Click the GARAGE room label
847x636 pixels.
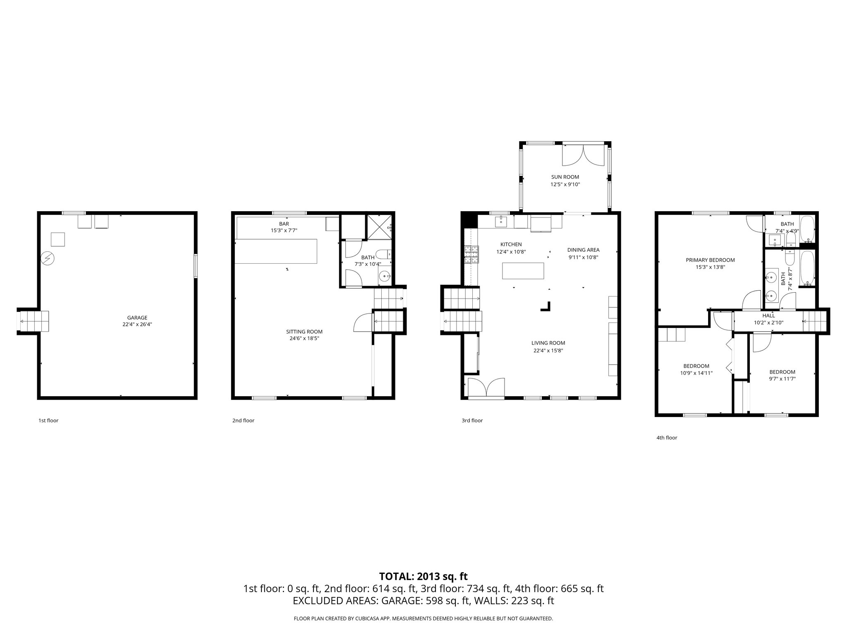[137, 318]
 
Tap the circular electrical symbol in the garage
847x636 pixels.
[48, 258]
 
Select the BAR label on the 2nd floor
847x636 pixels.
[284, 224]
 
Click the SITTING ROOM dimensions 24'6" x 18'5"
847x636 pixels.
[304, 338]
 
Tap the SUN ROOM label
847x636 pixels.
[565, 177]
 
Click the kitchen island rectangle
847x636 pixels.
[523, 271]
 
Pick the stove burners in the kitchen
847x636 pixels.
[471, 254]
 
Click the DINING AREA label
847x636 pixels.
[583, 250]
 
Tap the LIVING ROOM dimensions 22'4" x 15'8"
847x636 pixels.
[548, 350]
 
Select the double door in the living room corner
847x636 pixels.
[486, 388]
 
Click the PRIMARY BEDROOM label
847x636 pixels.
[710, 260]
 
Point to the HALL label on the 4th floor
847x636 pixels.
[768, 316]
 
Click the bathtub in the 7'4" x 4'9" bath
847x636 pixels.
[807, 230]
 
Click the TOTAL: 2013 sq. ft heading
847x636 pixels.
[423, 576]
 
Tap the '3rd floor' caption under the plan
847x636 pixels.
[472, 420]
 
